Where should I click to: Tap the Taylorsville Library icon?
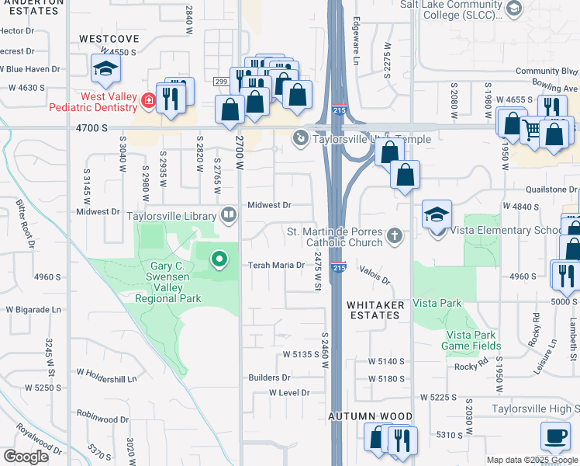click(229, 214)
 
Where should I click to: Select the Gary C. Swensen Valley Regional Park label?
click(168, 282)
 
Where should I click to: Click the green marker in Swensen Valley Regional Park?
click(219, 259)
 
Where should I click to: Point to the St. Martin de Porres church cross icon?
click(395, 234)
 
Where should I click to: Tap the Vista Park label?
click(437, 303)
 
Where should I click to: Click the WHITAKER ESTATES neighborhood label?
click(376, 311)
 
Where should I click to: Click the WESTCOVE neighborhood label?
click(109, 38)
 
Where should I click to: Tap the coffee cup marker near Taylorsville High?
click(554, 437)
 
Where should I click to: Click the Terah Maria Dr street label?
click(277, 265)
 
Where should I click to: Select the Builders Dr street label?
click(269, 377)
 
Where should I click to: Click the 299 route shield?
click(220, 81)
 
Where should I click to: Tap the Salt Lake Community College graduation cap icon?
click(513, 9)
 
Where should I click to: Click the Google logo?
click(26, 457)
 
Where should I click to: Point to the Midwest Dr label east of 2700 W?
click(269, 205)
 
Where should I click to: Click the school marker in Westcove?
click(105, 70)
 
